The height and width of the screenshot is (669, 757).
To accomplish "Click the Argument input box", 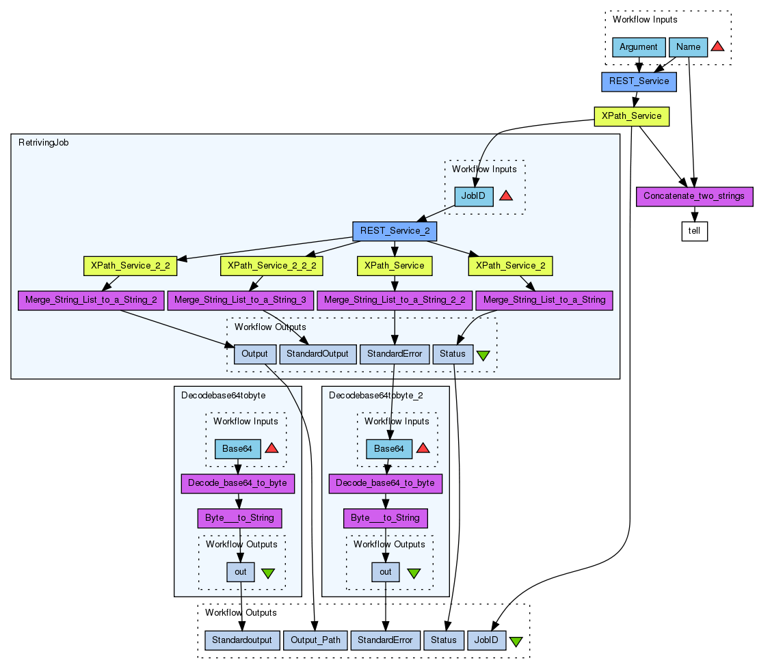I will click(639, 47).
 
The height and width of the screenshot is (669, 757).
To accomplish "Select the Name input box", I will click(688, 47).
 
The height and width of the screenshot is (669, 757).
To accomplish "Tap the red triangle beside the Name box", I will click(717, 46).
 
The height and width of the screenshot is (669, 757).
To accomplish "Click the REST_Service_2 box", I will click(394, 231).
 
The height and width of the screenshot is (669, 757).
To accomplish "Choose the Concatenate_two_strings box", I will click(695, 196).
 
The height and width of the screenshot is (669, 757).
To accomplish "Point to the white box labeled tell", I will click(694, 232).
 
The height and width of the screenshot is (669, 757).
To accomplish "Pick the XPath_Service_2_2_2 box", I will click(271, 265).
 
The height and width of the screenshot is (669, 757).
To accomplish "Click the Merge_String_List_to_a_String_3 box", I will click(240, 300).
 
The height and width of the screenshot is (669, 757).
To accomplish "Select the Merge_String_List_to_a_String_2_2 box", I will click(395, 300).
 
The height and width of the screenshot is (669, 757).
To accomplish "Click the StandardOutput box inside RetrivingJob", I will click(318, 354).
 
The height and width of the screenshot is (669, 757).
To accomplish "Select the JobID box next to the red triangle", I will click(474, 196).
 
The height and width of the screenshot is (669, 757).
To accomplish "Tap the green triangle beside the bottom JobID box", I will click(516, 641).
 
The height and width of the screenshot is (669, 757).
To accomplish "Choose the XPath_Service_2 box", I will click(510, 265).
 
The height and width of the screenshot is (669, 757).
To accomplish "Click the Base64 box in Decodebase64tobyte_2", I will click(389, 448).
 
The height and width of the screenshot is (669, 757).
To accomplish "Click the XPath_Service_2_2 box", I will click(130, 265).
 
